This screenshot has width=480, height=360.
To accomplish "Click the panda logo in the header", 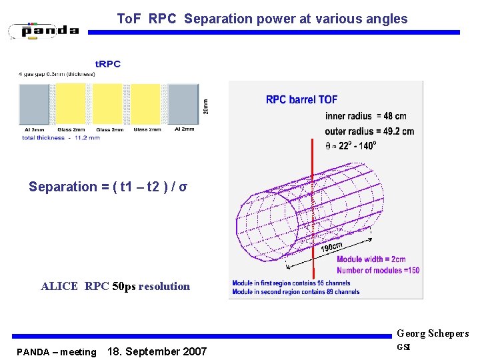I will [x=44, y=31].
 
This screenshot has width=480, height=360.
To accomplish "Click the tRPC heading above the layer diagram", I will [x=108, y=64].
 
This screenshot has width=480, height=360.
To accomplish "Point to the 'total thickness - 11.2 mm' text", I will [x=61, y=138].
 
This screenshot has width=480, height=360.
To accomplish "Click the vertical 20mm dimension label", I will [x=205, y=106].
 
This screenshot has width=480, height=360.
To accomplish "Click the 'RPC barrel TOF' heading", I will [x=301, y=100].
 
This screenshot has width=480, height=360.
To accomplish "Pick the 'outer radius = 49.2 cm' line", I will [x=369, y=131].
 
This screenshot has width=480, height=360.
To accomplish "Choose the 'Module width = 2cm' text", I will [x=371, y=259].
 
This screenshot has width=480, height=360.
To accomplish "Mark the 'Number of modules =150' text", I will [x=377, y=270].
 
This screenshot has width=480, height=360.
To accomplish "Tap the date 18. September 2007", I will [x=157, y=351].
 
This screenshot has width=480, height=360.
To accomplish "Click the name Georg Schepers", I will [x=433, y=333].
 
